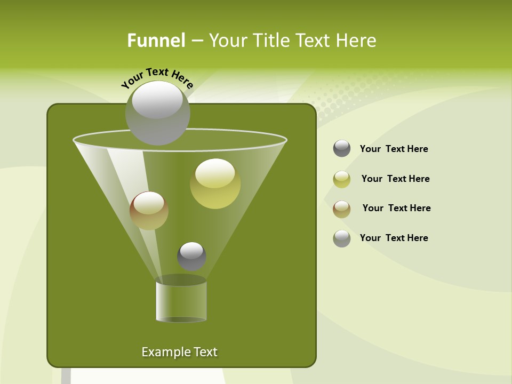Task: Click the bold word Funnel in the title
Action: [x=156, y=41]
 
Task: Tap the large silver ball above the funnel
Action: [x=157, y=113]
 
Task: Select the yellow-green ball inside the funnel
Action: [x=215, y=183]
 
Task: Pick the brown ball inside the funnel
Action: [x=149, y=211]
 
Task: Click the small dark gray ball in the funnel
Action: [x=191, y=256]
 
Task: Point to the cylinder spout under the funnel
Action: [x=181, y=301]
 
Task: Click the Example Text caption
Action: [x=179, y=352]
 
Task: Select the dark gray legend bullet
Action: [x=342, y=148]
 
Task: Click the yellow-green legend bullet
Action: [x=342, y=179]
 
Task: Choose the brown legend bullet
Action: [x=342, y=209]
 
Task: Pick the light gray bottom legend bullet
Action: [x=342, y=238]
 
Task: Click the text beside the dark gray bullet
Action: [x=394, y=149]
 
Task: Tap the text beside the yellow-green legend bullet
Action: [x=395, y=179]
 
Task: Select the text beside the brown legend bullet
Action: [x=396, y=208]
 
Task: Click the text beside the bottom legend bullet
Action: [x=394, y=238]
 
